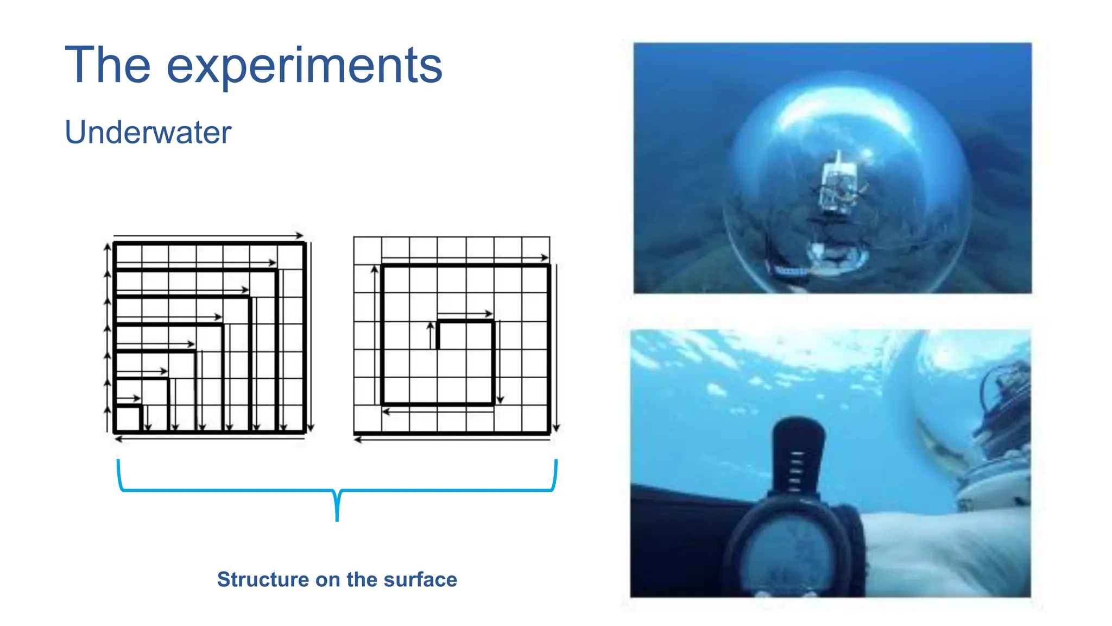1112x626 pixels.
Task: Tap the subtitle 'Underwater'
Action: [x=148, y=132]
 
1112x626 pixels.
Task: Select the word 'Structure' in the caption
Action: [x=263, y=579]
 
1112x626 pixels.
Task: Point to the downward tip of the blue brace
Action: [x=337, y=519]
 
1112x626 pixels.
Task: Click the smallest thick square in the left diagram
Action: [x=129, y=418]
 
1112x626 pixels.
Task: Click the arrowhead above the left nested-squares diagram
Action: [x=299, y=236]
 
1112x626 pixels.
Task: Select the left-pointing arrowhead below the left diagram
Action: [x=118, y=439]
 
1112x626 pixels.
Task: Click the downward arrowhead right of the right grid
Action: [x=556, y=428]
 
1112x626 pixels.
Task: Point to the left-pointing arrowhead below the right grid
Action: [x=357, y=440]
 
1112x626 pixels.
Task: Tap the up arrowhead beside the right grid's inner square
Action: [x=431, y=325]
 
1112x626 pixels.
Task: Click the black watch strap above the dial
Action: [x=797, y=456]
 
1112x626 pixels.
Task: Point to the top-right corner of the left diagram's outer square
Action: [x=305, y=243]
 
